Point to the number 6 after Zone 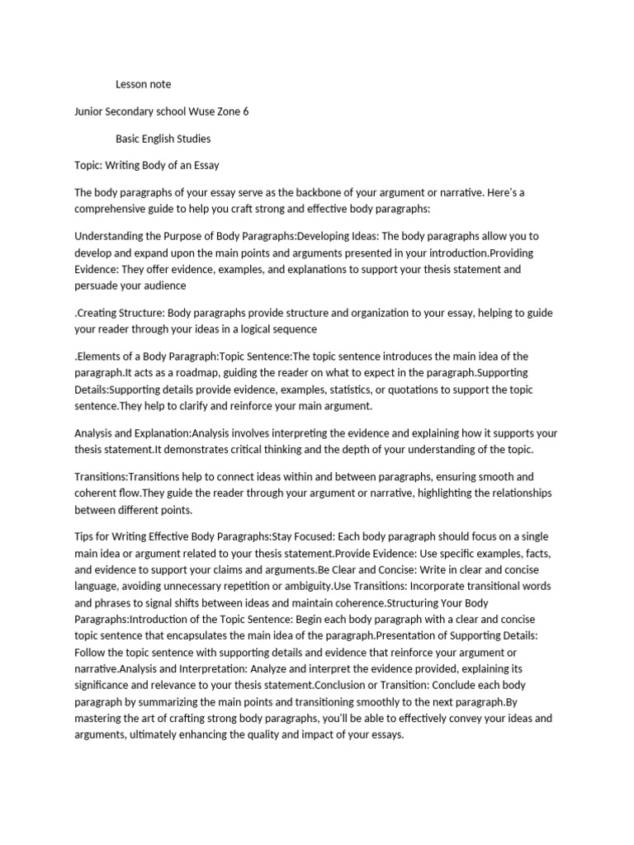[x=245, y=111]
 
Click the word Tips [x=85, y=536]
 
